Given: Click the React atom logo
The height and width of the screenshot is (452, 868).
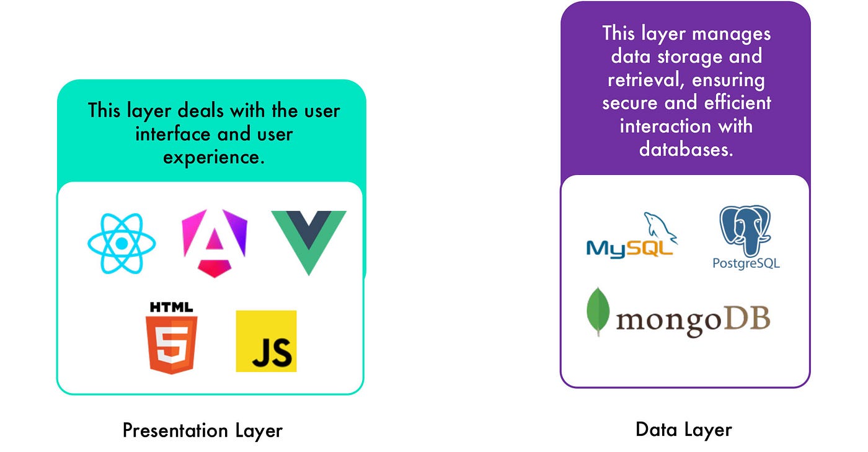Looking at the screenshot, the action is pyautogui.click(x=122, y=243).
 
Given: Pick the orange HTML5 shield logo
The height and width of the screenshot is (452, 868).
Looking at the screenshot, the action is pyautogui.click(x=171, y=344).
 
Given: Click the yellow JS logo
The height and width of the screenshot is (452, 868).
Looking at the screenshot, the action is pyautogui.click(x=266, y=341).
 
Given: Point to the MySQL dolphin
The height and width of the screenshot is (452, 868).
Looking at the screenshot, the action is pyautogui.click(x=660, y=226).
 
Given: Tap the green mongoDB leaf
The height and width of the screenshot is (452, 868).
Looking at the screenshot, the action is pyautogui.click(x=598, y=311).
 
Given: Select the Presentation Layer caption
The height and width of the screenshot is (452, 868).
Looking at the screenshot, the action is pyautogui.click(x=202, y=430).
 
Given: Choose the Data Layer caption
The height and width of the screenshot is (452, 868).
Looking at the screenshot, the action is pyautogui.click(x=684, y=429).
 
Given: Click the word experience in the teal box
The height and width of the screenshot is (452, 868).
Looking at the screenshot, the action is pyautogui.click(x=214, y=157).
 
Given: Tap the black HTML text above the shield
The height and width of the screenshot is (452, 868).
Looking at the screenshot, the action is pyautogui.click(x=171, y=307).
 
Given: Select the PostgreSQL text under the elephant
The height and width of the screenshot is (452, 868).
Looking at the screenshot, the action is pyautogui.click(x=746, y=264).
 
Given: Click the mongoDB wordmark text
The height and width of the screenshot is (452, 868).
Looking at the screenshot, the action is pyautogui.click(x=693, y=321).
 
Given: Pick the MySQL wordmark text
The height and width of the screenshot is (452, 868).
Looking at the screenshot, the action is pyautogui.click(x=629, y=248).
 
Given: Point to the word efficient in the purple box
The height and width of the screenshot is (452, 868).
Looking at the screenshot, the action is pyautogui.click(x=735, y=103).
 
